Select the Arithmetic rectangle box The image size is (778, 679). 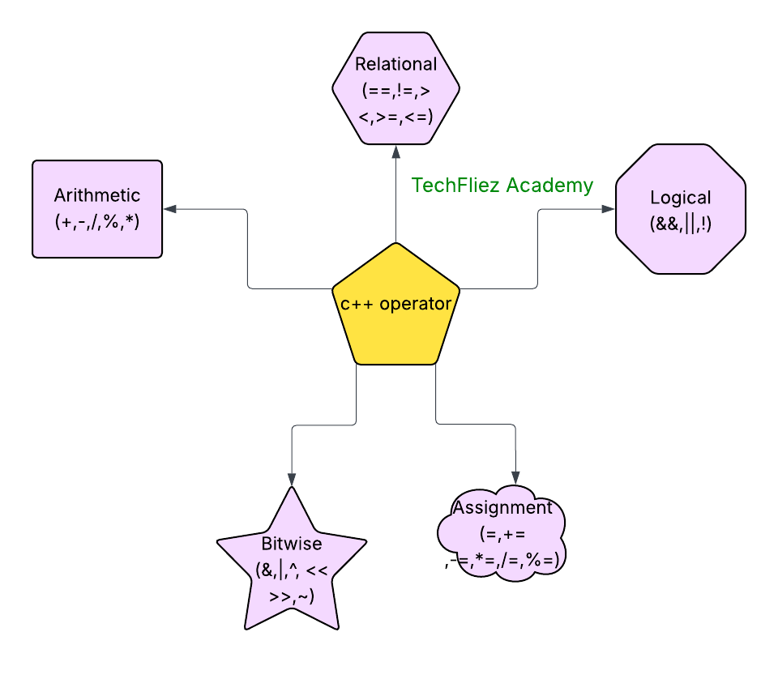tap(97, 209)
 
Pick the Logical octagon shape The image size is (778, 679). tap(680, 209)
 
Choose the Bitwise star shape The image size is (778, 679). tap(292, 567)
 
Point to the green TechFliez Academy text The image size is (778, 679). tap(502, 186)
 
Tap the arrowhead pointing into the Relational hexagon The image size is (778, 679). tap(396, 151)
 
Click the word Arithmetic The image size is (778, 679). tap(97, 195)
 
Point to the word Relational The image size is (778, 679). tap(396, 64)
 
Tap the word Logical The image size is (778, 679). tap(680, 198)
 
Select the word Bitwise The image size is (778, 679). tap(292, 544)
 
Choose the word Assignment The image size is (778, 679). tap(503, 508)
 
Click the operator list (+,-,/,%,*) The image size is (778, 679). tap(97, 220)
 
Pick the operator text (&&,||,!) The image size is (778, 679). tap(680, 224)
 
